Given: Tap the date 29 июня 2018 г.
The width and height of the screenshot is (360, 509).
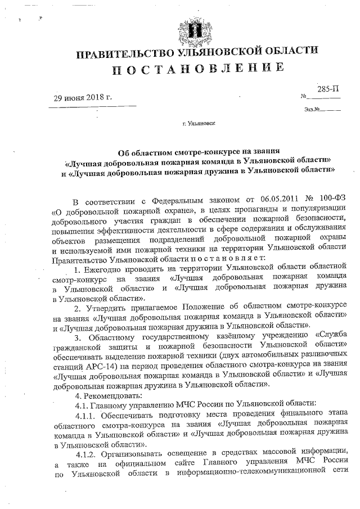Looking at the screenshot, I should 83,97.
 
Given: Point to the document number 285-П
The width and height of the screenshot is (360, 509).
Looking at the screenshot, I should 328,89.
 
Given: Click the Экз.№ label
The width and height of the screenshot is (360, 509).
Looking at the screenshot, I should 311,109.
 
